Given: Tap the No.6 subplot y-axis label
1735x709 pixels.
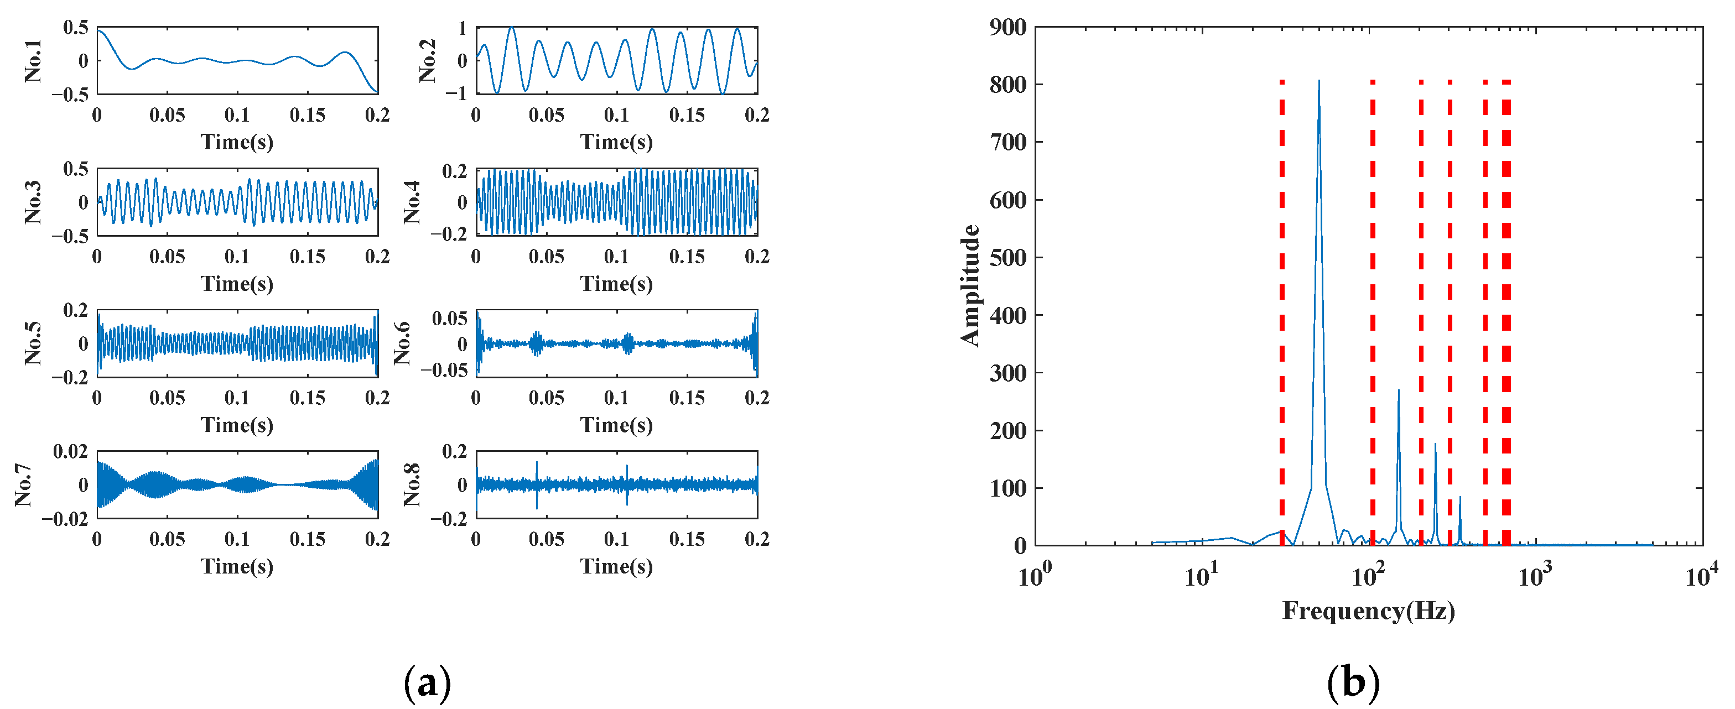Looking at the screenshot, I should pos(402,343).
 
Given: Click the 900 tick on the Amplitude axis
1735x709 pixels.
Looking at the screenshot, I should pos(1007,28).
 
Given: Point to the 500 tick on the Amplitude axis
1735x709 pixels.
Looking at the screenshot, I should pos(1007,258).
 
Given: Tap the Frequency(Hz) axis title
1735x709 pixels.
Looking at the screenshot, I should pos(1368,611).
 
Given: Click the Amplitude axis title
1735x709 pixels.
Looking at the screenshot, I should pos(970,285).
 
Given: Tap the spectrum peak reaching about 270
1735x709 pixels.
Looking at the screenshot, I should pos(1398,391).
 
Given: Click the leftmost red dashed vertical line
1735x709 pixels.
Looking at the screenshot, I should pos(1282,310).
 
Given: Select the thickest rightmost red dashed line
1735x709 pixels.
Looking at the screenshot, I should pos(1506,310).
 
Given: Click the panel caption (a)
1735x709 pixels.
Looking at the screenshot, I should pos(427,683).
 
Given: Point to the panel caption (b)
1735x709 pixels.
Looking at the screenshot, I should pos(1353,683).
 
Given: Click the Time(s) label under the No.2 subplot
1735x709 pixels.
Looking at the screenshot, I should pos(616,142).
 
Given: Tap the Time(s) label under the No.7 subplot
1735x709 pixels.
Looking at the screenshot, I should pos(237,566).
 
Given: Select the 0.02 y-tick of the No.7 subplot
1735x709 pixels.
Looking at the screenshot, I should pos(71,452).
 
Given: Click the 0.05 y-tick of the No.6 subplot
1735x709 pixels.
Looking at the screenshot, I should pos(449,319).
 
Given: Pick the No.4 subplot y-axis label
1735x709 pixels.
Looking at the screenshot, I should pos(412,201).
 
